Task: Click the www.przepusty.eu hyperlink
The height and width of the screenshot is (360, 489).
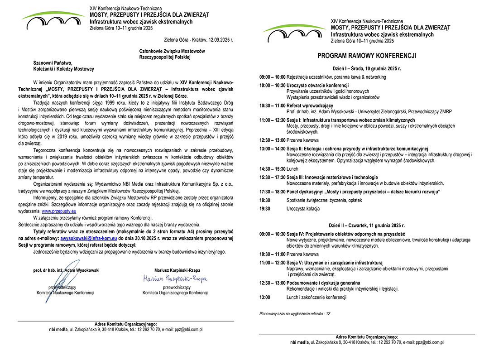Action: coord(59,211)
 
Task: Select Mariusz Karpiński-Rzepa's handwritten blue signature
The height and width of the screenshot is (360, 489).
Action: coord(175,278)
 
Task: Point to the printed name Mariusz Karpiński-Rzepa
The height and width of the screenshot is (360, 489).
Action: coord(175,270)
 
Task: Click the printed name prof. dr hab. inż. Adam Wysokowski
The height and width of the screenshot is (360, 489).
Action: coord(66,270)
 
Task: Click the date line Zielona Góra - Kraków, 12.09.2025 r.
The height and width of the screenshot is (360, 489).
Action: coord(199,40)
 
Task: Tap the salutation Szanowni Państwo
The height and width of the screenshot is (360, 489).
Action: coord(53,63)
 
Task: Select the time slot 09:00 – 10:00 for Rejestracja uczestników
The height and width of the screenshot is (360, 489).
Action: coord(272,77)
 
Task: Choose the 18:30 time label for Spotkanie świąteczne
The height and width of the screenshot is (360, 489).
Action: coord(265,200)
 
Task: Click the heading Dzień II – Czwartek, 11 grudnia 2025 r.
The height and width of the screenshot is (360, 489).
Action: coord(367,225)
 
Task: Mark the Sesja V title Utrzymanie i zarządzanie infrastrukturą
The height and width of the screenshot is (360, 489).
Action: coord(335,263)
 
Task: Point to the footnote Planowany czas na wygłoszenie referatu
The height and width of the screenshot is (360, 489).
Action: coord(295,313)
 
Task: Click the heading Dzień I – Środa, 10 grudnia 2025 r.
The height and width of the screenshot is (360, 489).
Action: coord(367,68)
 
